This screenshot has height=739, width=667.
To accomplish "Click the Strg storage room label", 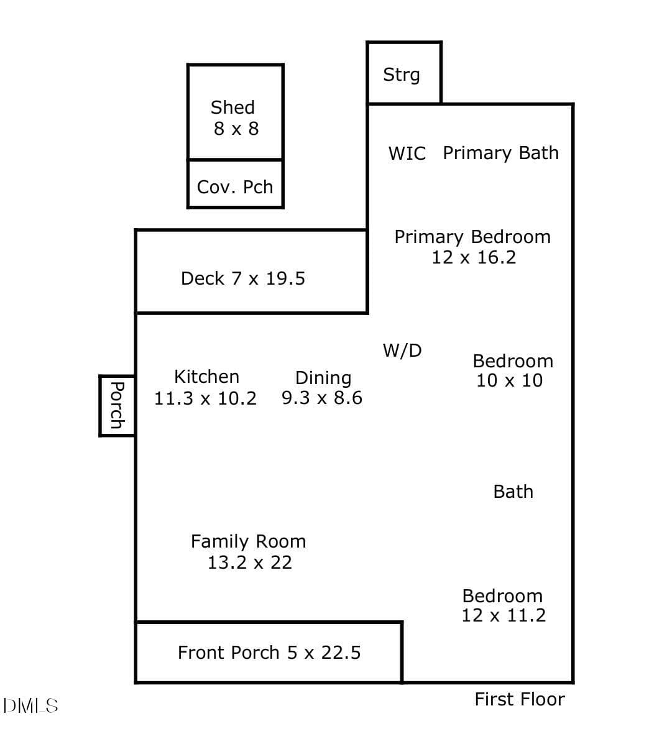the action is pos(401,75).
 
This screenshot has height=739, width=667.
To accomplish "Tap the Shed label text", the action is pos(232,108).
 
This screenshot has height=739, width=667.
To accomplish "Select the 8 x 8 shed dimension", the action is pos(236,129).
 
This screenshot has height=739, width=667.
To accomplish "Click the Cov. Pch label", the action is pos(235,187).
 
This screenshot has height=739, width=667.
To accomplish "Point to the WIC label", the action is pos(407,154).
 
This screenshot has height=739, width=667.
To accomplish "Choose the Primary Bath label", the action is pos(500,154).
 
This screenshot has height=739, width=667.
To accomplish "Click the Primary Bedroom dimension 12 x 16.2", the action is pos(474,257).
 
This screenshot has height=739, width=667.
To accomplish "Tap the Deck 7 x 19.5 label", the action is pos(243,278).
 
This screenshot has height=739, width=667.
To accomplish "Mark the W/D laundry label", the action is pos(402,351).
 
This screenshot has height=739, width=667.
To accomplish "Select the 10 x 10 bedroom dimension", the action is pos(510,380).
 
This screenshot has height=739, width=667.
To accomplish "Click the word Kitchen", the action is pos(206,377).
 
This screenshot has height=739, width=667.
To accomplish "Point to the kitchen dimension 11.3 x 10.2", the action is pos(205,399).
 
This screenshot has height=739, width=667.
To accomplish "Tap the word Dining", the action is pos(323,379).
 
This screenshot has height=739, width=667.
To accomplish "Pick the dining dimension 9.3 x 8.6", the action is pos(322,398).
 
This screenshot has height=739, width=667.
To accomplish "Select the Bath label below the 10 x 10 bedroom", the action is pos(513,492).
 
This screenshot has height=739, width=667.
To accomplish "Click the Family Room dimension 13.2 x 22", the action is pos(250,562).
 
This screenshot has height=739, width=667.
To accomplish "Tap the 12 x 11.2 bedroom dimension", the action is pos(504,615).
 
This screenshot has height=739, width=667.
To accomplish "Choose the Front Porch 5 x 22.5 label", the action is pos(269,653).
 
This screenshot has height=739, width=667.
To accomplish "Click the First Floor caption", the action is pos(520,699).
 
